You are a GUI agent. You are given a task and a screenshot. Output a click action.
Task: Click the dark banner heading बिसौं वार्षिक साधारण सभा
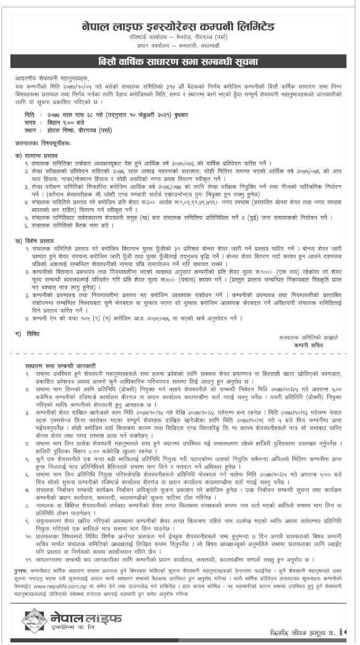(178, 62)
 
